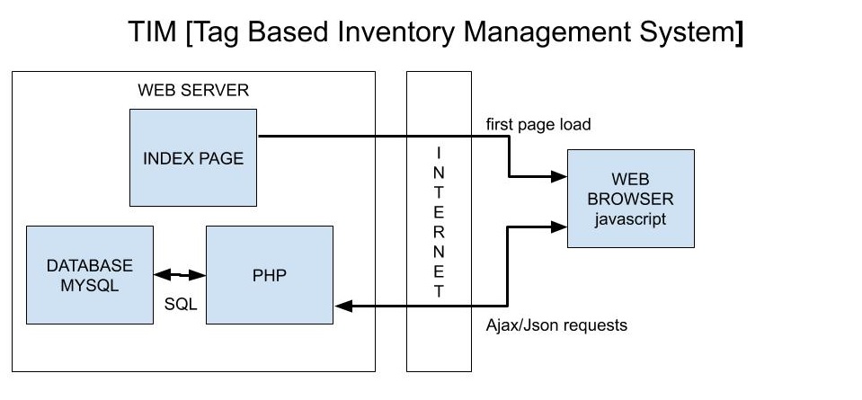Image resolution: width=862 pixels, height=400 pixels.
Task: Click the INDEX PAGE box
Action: pos(193,157)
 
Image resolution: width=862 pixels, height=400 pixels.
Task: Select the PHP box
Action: pos(269,274)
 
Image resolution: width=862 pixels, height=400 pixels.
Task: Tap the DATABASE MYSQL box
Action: pos(89,274)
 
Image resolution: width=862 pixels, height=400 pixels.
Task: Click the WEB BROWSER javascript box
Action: pos(630,198)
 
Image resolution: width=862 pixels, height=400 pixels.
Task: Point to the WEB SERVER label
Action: pos(193,91)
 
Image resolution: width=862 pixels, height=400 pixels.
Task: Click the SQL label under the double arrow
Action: pos(180,304)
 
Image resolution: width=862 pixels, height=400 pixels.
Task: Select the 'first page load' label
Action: pos(538,124)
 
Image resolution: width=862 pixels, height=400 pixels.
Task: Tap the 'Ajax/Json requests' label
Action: pos(550,324)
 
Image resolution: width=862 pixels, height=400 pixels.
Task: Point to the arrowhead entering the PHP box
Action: pos(342,307)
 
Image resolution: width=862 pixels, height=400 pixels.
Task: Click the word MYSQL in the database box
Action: pos(90,285)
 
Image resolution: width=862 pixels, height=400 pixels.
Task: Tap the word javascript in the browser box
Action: pos(630,218)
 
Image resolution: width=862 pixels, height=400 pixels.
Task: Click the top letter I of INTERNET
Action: pos(438,150)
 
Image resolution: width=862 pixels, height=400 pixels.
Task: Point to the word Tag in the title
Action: pos(220,33)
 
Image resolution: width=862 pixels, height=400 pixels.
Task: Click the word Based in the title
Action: pos(292,33)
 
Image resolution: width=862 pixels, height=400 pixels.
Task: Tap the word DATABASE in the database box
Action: pos(90,265)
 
